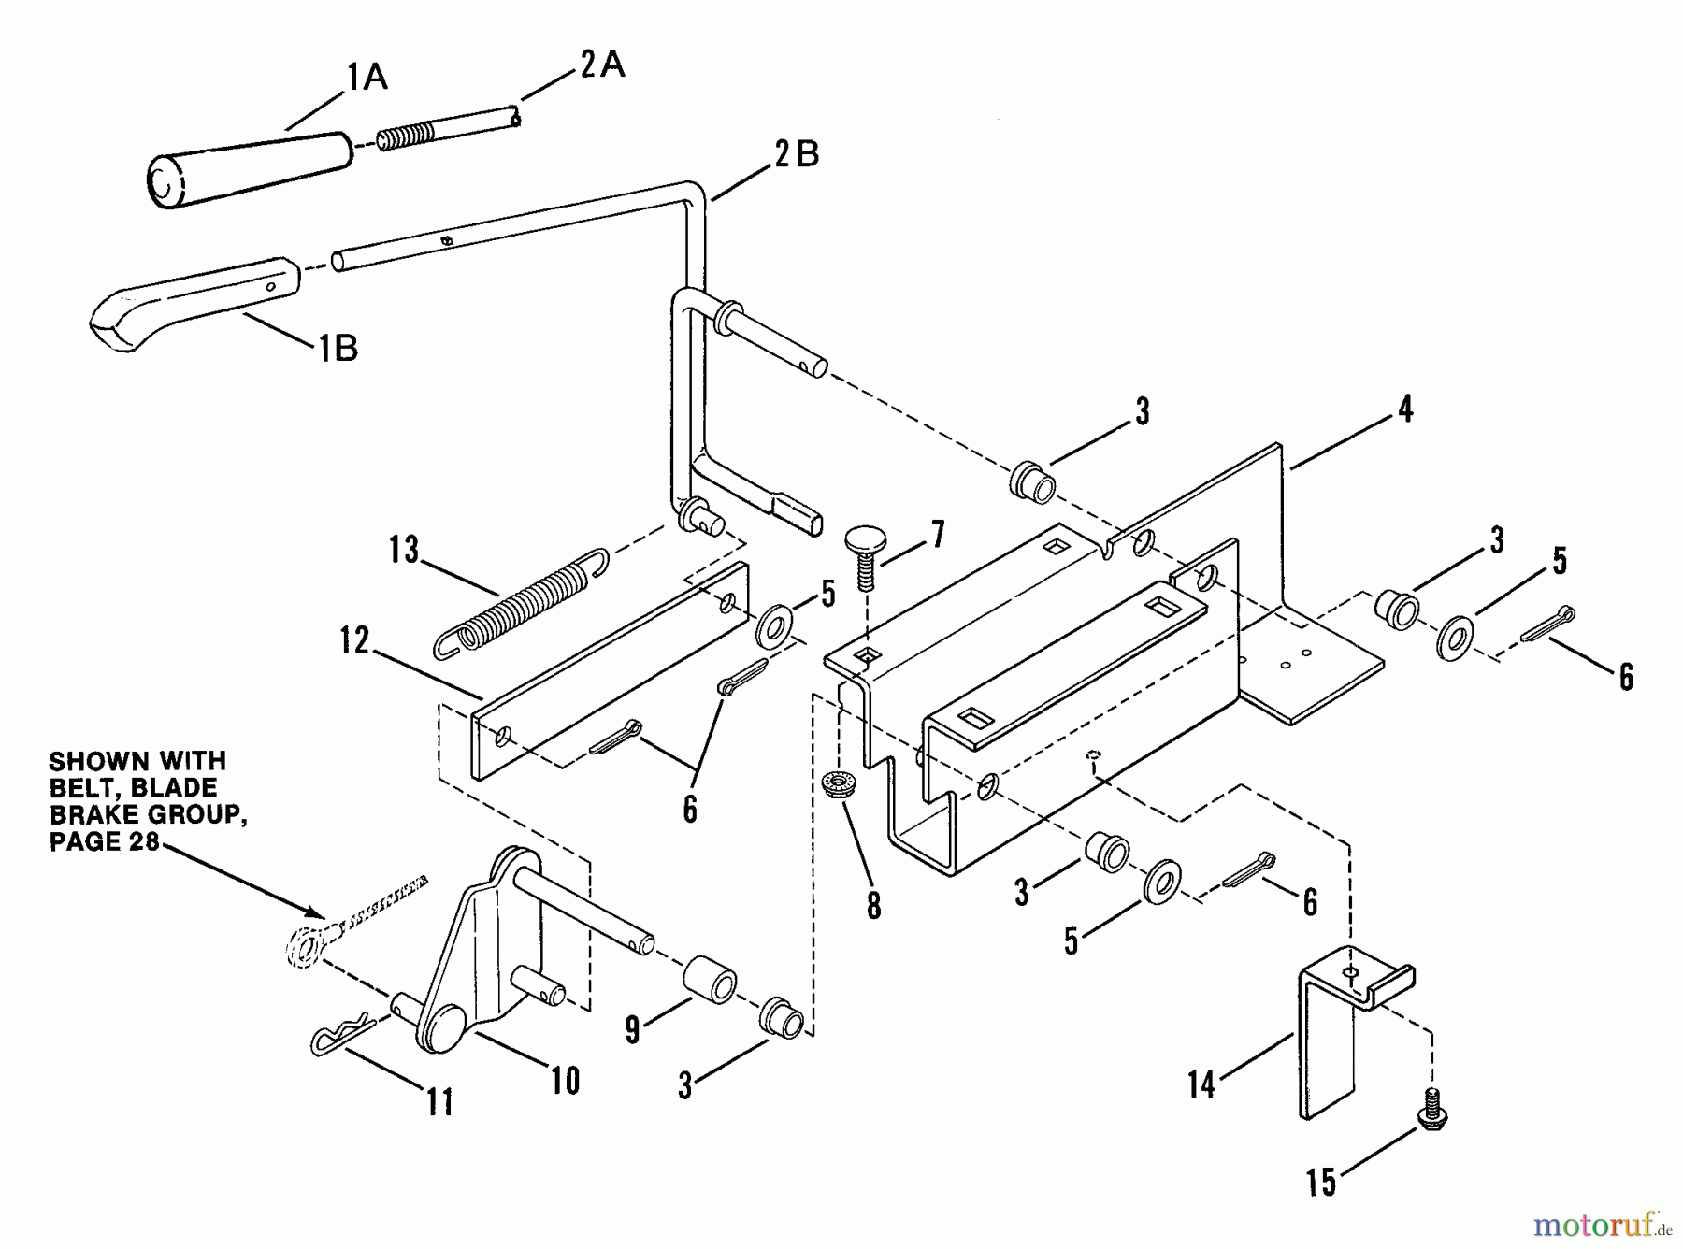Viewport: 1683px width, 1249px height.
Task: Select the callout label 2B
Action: tap(797, 154)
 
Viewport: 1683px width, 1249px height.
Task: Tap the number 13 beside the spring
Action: tap(404, 550)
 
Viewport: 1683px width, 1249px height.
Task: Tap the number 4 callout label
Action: tap(1404, 409)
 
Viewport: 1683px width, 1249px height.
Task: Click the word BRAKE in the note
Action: tap(92, 815)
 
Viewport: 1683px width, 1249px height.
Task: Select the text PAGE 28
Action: tap(103, 841)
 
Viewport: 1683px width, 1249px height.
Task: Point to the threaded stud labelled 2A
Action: tap(449, 133)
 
